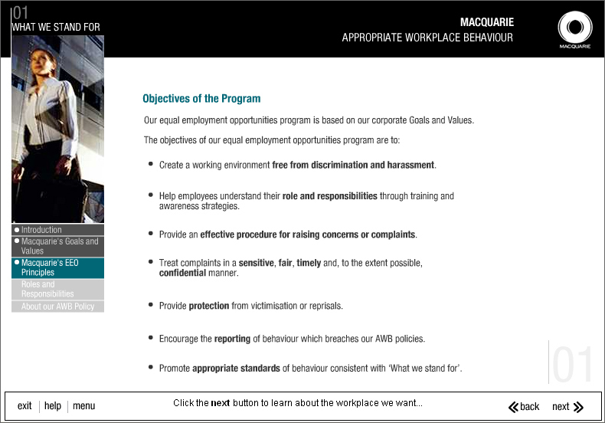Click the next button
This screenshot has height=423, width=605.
coord(567,407)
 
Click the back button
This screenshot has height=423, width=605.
coord(524,407)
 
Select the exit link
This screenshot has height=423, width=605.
coord(25,406)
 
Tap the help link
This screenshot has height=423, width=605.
coord(53,406)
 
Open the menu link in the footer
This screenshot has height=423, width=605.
coord(84,406)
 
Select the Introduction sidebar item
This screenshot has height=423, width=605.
coord(41,230)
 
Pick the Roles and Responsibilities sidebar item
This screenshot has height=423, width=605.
coord(47,289)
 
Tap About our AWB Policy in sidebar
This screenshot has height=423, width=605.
coord(57,307)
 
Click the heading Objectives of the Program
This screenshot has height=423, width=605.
coord(201,99)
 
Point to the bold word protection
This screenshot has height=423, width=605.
coord(209,306)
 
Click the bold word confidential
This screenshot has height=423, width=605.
coord(182,273)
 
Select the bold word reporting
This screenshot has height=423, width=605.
coord(232,339)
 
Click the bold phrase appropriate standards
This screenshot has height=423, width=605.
coord(236,369)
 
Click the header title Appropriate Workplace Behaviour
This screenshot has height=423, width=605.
coord(427,38)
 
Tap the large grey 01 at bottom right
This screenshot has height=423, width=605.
coord(573,365)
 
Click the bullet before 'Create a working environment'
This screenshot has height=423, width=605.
coord(151,164)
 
